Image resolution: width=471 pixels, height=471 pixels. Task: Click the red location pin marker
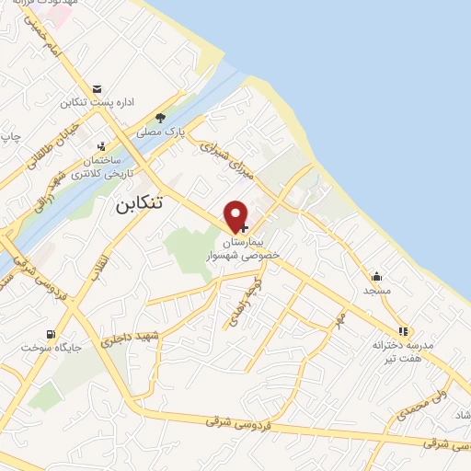pos(237,215)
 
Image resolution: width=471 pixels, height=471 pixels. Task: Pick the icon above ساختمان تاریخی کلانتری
pos(102,146)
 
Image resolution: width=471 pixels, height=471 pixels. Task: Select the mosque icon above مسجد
pos(376,276)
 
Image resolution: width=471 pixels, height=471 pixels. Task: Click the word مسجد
pos(376,290)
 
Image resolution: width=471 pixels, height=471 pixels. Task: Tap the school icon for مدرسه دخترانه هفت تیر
pos(403,331)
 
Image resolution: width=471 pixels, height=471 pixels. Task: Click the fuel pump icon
pos(47,333)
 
